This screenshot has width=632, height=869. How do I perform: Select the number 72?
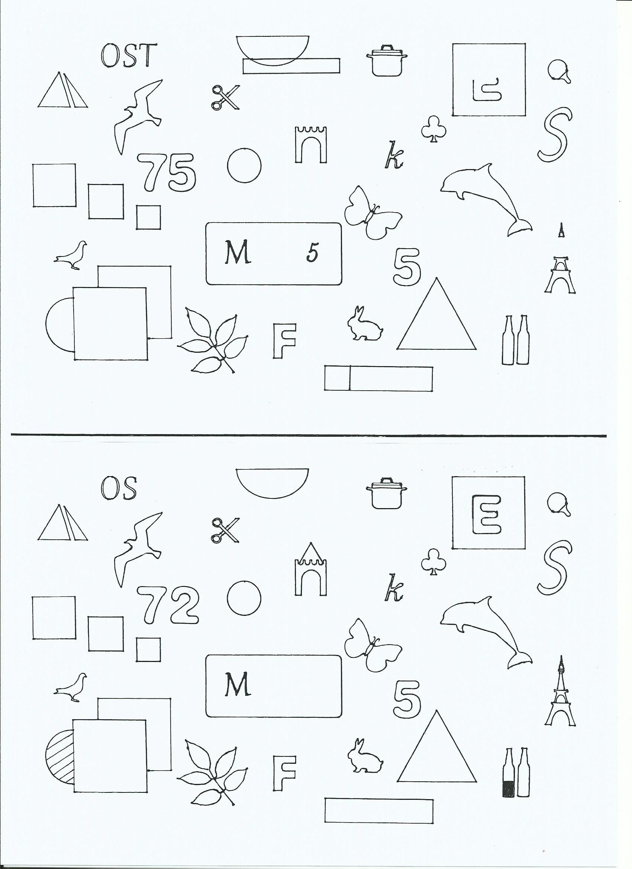coord(168,606)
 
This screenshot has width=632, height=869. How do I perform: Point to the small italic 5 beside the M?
coord(312,253)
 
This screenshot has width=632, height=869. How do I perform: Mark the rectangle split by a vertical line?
coord(379,378)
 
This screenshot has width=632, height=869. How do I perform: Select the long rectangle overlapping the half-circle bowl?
coord(291,65)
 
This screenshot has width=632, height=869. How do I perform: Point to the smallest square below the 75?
coord(149,217)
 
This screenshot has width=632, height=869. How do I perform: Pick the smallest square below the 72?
coord(148,649)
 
